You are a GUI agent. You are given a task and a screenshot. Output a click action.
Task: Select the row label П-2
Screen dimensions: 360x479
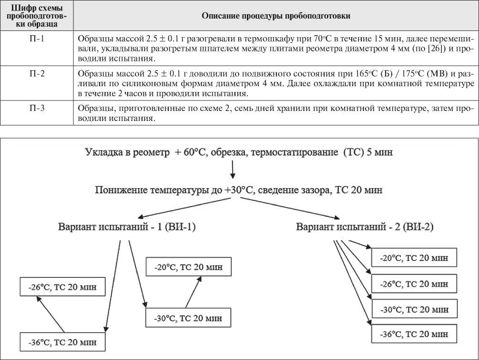36,74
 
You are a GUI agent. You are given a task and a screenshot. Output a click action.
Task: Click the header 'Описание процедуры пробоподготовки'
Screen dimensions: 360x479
276,16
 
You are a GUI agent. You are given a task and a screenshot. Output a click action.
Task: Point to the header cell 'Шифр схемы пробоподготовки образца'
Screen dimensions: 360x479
36,16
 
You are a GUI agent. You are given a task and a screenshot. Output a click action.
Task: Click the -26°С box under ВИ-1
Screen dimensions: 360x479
62,287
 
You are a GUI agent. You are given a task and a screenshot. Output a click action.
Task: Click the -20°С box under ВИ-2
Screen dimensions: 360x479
414,258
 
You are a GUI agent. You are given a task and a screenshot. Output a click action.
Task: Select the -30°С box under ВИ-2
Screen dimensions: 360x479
414,309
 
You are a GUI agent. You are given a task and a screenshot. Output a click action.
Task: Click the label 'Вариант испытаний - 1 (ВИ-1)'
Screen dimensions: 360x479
127,227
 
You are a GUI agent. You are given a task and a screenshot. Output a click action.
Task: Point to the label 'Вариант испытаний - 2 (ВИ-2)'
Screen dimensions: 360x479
365,227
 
